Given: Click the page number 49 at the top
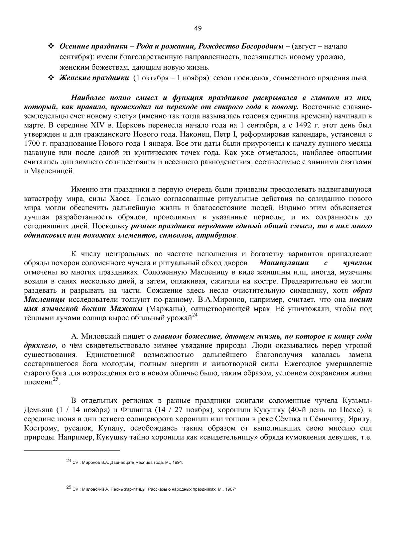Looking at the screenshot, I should [198, 28].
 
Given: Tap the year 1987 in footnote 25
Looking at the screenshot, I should [229, 489].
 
